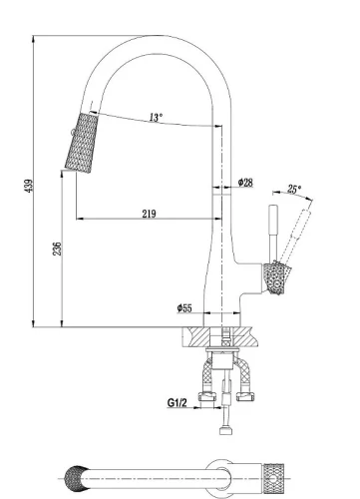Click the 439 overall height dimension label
pos(29,186)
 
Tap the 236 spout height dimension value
pos(58,249)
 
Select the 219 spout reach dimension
pos(149,214)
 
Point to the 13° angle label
pos(156,117)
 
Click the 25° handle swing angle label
pos(294,190)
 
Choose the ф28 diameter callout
pos(245,183)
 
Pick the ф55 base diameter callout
pos(184,308)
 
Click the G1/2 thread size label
pos(177,403)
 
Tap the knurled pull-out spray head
pos(82,143)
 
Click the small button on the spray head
pos(72,133)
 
